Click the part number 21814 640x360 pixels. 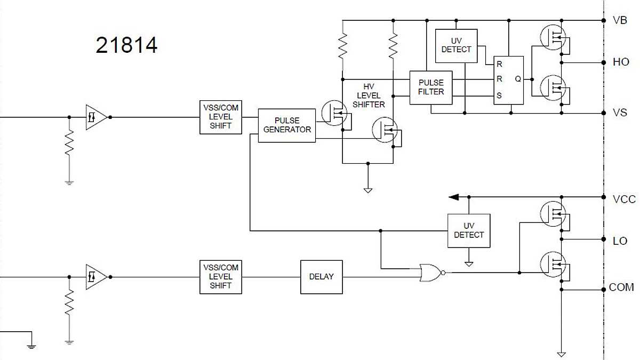127,45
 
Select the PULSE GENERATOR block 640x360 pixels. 287,125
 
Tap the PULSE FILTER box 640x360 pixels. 431,87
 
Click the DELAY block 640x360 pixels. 321,277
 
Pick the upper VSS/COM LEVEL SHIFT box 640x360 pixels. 220,117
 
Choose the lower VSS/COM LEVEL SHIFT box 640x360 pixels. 220,277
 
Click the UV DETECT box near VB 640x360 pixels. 456,45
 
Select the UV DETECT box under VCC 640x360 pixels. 468,230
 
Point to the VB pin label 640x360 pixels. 620,21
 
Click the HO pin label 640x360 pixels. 621,62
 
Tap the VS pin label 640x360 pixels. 620,113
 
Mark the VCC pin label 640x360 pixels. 624,199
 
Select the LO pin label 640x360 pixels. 620,241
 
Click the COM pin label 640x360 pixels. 621,287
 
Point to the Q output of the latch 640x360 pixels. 517,79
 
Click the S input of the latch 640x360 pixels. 499,97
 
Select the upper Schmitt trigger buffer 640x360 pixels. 96,117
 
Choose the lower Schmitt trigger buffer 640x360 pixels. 96,277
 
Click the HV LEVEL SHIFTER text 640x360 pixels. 368,95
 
